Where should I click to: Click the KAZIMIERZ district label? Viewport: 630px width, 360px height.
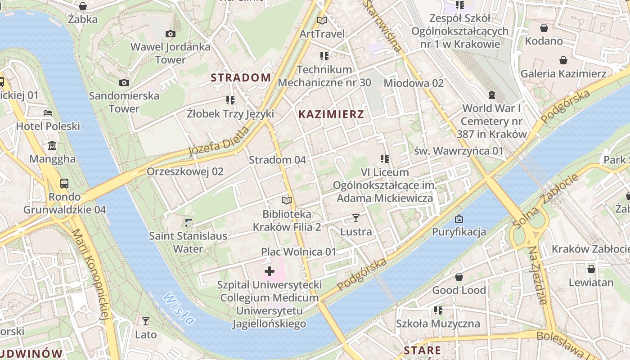pyautogui.click(x=331, y=114)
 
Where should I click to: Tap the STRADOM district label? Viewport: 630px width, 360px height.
pyautogui.click(x=241, y=77)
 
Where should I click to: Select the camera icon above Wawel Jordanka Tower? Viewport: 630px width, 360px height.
pyautogui.click(x=170, y=34)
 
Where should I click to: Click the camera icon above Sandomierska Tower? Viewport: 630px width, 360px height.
pyautogui.click(x=124, y=82)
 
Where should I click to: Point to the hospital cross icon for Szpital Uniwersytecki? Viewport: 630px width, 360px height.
pyautogui.click(x=270, y=271)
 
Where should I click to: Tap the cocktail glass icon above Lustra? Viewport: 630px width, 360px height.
pyautogui.click(x=356, y=218)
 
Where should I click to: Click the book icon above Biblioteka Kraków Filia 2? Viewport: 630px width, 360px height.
pyautogui.click(x=287, y=200)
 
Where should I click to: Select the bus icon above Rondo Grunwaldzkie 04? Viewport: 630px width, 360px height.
pyautogui.click(x=64, y=183)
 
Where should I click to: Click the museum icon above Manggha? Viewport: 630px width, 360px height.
pyautogui.click(x=52, y=145)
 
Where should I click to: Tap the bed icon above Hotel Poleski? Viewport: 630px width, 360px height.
pyautogui.click(x=48, y=112)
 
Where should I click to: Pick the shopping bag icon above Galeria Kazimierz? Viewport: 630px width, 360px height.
pyautogui.click(x=563, y=60)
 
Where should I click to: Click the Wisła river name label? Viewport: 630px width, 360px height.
pyautogui.click(x=179, y=309)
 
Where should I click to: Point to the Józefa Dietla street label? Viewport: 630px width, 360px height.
pyautogui.click(x=219, y=141)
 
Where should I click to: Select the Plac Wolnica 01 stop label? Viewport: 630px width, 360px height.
pyautogui.click(x=299, y=252)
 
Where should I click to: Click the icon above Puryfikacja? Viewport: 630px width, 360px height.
pyautogui.click(x=459, y=219)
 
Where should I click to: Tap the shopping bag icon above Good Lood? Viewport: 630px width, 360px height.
pyautogui.click(x=459, y=277)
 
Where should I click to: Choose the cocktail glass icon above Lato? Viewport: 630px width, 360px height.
pyautogui.click(x=146, y=321)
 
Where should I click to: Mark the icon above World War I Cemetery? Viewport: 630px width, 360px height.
pyautogui.click(x=491, y=95)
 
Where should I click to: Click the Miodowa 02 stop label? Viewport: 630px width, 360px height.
pyautogui.click(x=414, y=83)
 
